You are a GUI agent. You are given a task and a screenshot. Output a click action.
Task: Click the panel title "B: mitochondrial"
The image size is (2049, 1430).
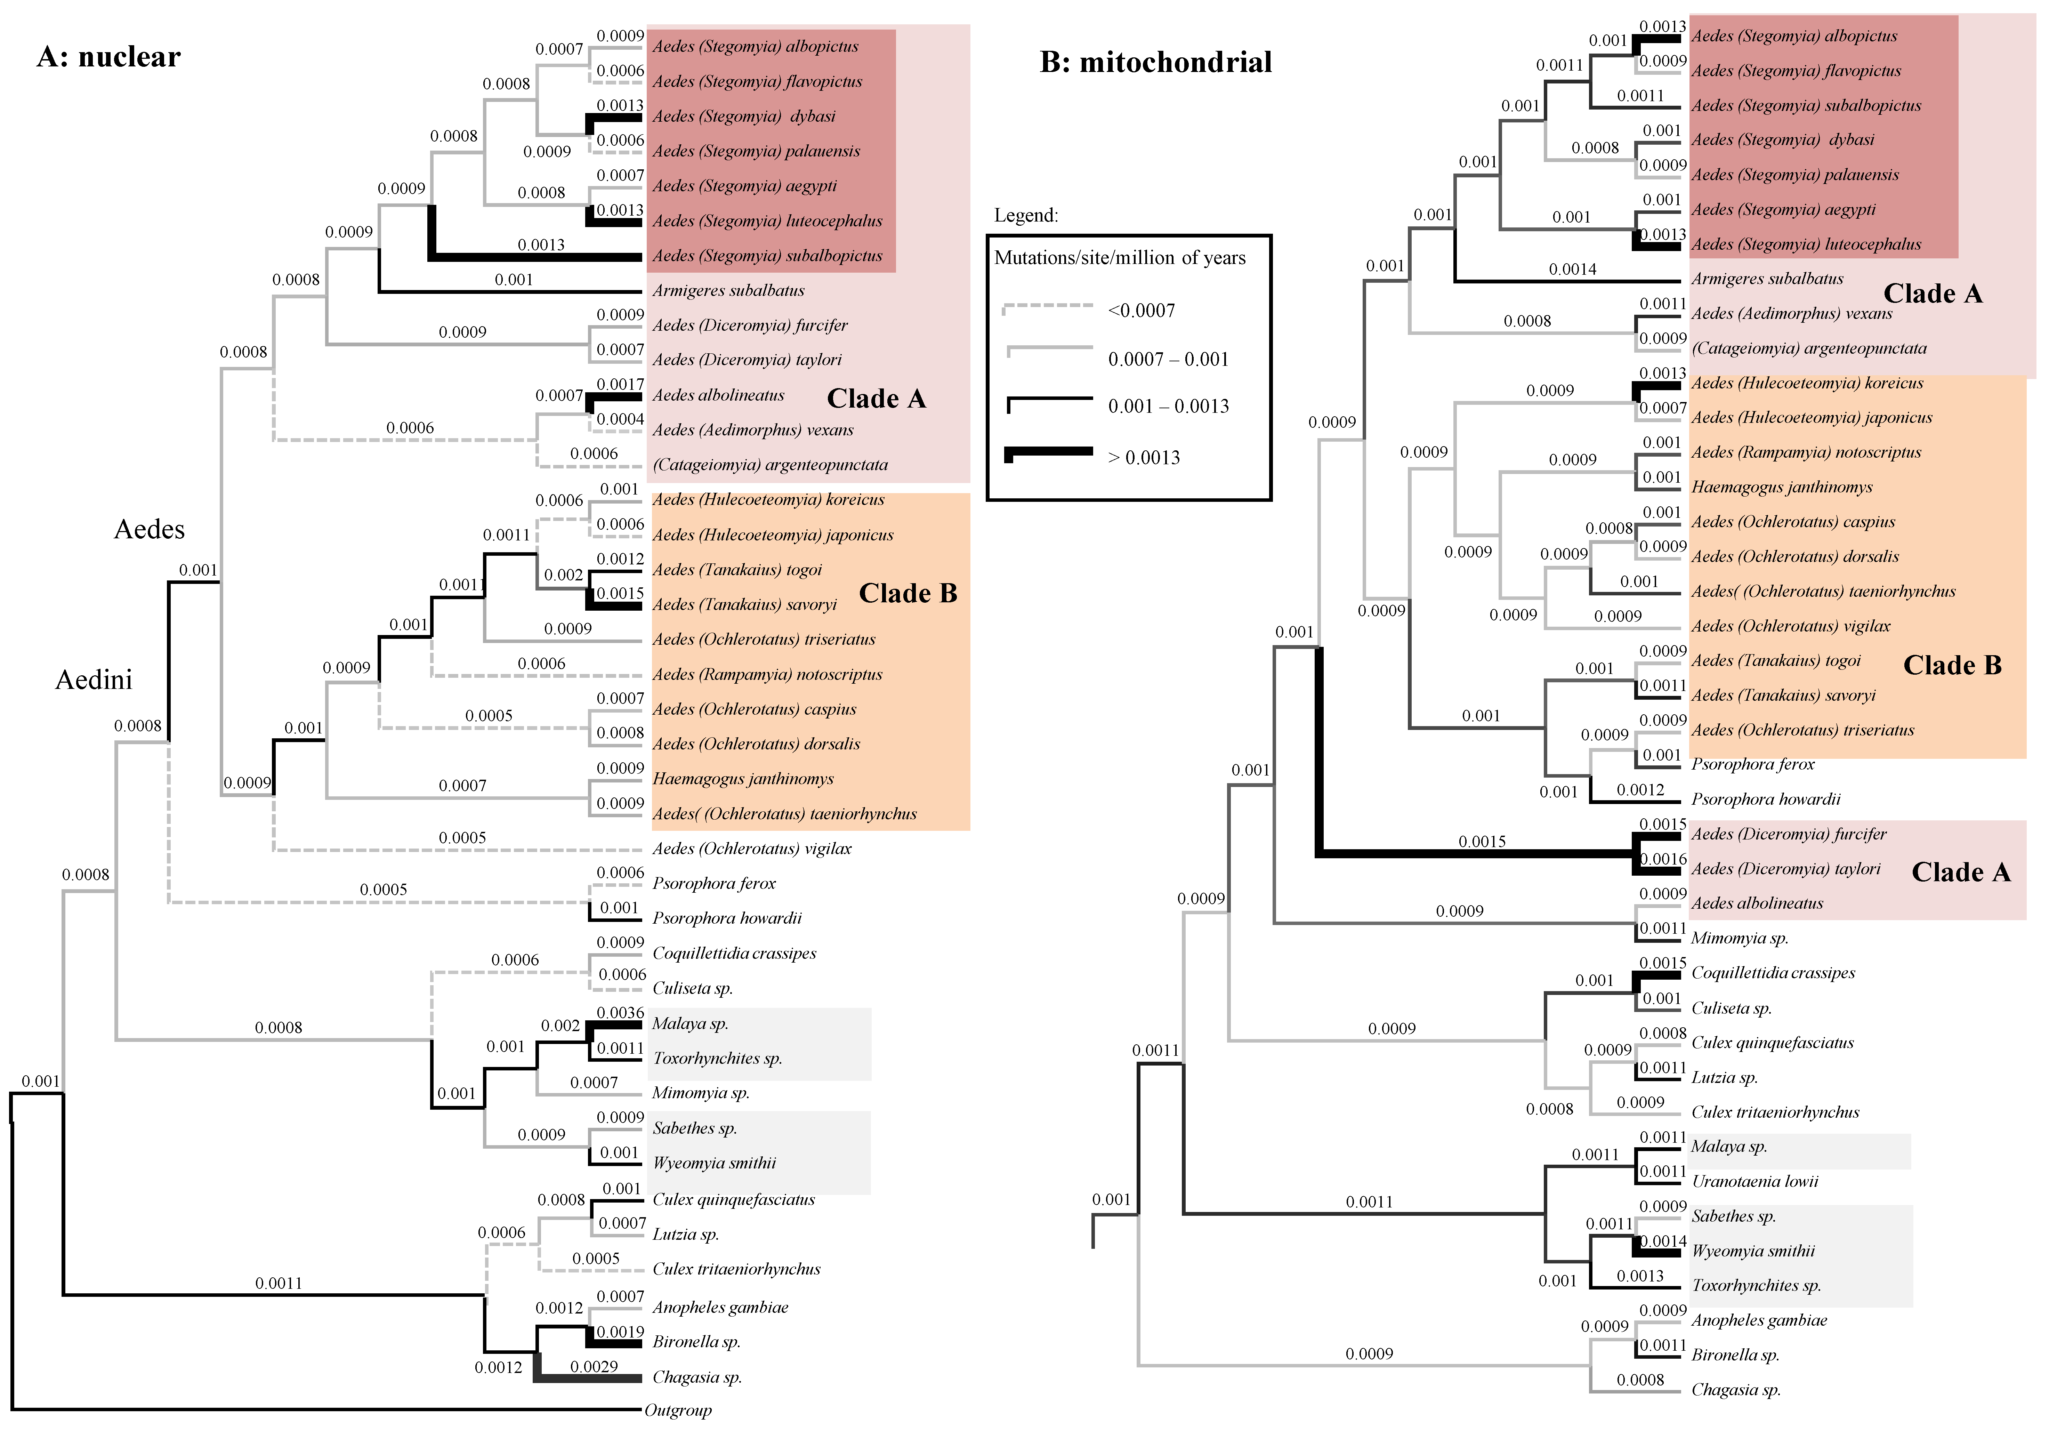[x=1156, y=63]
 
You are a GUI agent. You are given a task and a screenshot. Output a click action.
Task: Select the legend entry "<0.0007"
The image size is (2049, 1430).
[x=1142, y=311]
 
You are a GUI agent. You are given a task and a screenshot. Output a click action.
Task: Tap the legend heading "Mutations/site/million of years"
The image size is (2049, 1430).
[x=1120, y=258]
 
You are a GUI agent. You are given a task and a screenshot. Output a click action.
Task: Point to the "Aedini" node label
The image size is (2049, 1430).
[x=94, y=680]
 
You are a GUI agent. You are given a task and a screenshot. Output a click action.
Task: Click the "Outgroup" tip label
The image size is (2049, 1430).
[x=678, y=1411]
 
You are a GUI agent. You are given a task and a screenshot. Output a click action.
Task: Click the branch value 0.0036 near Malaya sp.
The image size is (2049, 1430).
[x=620, y=1012]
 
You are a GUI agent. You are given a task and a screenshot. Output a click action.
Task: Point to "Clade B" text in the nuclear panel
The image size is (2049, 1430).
[x=907, y=594]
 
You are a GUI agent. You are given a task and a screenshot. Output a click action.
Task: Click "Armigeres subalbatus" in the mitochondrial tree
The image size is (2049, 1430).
[x=1767, y=279]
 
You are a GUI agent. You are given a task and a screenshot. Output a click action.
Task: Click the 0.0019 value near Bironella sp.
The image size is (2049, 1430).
[x=620, y=1332]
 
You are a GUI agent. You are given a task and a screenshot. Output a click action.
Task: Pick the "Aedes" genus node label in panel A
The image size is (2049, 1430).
[x=149, y=529]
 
